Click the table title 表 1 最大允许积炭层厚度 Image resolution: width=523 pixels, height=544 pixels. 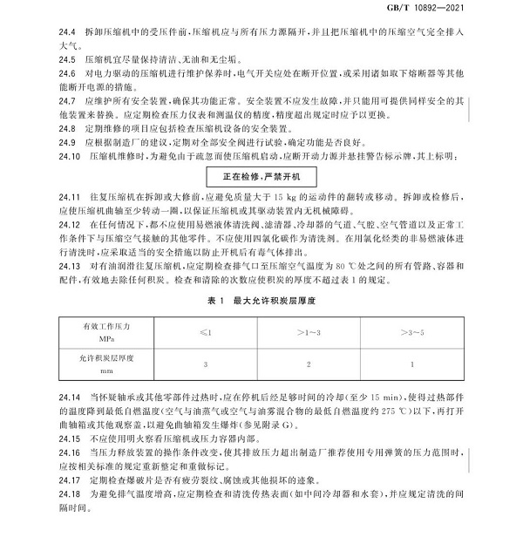click(261, 302)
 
